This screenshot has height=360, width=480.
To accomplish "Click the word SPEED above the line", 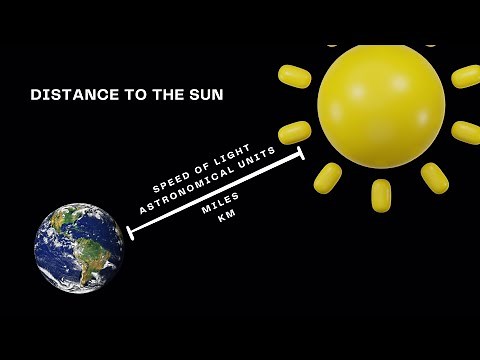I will tap(169, 181).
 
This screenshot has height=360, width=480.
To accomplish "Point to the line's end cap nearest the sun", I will tap(301, 154).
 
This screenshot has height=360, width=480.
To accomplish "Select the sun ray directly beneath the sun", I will tap(381, 194).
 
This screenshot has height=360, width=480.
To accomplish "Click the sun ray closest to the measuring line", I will tap(295, 132).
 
